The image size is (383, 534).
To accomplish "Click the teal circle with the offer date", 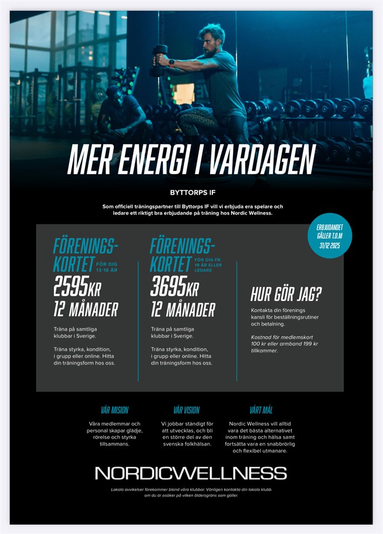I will click(331, 235).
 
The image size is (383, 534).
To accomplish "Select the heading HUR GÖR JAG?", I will click(286, 294).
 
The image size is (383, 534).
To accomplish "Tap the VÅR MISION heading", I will click(115, 410).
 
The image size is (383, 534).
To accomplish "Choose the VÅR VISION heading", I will click(186, 410).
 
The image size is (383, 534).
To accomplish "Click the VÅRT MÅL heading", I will click(261, 410).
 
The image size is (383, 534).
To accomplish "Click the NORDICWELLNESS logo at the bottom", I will click(191, 473).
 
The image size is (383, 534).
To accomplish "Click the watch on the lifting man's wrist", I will click(172, 62).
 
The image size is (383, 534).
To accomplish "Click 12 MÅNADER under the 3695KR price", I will click(182, 310).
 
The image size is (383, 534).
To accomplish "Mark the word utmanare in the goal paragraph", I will click(272, 451).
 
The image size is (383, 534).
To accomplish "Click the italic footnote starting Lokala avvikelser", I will click(191, 492).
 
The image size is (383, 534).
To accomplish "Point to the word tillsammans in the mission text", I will click(115, 444).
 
